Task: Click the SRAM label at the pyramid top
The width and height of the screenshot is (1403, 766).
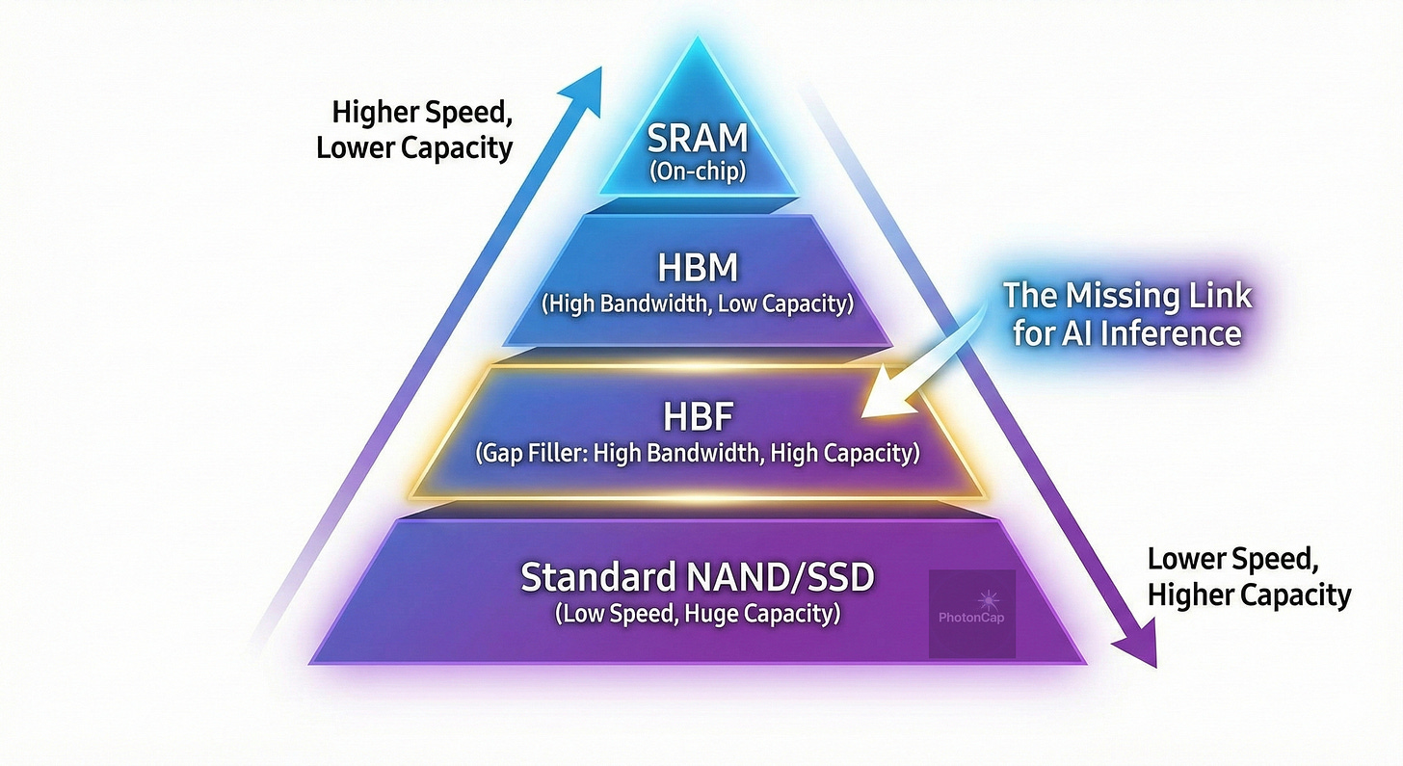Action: [698, 138]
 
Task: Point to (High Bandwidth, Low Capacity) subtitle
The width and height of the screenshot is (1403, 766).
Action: [697, 304]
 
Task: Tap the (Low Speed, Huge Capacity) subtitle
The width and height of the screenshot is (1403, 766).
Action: [698, 613]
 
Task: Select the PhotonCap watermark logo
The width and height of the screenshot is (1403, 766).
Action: [971, 614]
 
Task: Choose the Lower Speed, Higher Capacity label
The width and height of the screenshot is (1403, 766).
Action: [1248, 577]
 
